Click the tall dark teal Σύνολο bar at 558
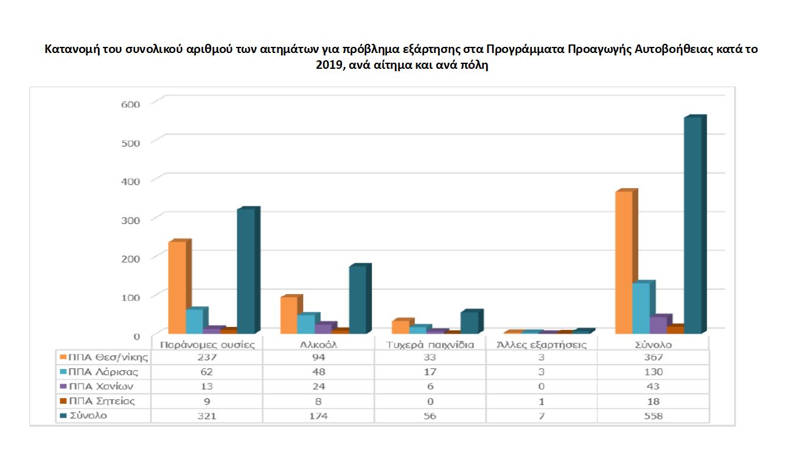(x=692, y=225)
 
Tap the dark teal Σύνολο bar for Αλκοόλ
(x=357, y=300)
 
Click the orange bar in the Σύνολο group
(x=624, y=262)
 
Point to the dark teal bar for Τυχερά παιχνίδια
(x=469, y=323)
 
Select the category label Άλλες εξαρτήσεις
(x=542, y=345)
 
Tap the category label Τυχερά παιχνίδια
(x=430, y=345)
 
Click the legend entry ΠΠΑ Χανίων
(x=101, y=387)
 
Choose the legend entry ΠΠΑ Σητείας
(x=102, y=401)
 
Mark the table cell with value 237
(x=206, y=357)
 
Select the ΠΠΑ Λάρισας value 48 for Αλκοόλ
(x=318, y=372)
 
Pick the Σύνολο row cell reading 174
(x=318, y=416)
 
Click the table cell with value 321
(x=206, y=416)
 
